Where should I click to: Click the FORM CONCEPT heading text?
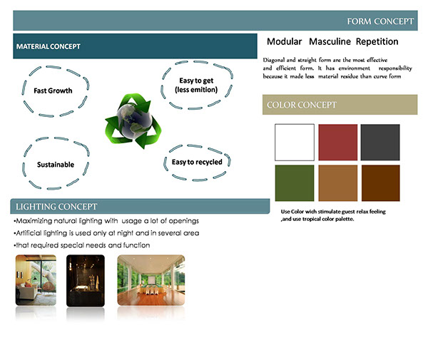tap(380, 21)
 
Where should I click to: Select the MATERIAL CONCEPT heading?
tap(49, 46)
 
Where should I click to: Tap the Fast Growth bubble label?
tap(53, 91)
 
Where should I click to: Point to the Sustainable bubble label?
tap(56, 165)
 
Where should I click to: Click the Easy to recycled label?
tap(197, 162)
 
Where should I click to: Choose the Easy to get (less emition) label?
tap(196, 85)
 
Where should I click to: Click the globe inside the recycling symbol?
tap(134, 120)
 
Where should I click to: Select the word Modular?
tap(284, 41)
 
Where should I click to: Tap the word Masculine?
tap(330, 41)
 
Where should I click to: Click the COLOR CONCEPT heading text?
tap(302, 105)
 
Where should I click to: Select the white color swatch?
tap(295, 143)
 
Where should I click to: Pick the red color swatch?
tap(338, 143)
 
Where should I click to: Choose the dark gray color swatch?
tap(380, 143)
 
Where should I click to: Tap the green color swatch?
tap(295, 183)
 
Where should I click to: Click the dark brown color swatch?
tap(381, 183)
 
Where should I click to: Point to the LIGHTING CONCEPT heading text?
tap(56, 207)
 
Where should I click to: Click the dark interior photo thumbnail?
tap(86, 280)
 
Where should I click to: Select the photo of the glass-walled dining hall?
tap(151, 280)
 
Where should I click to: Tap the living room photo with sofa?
tap(36, 280)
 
